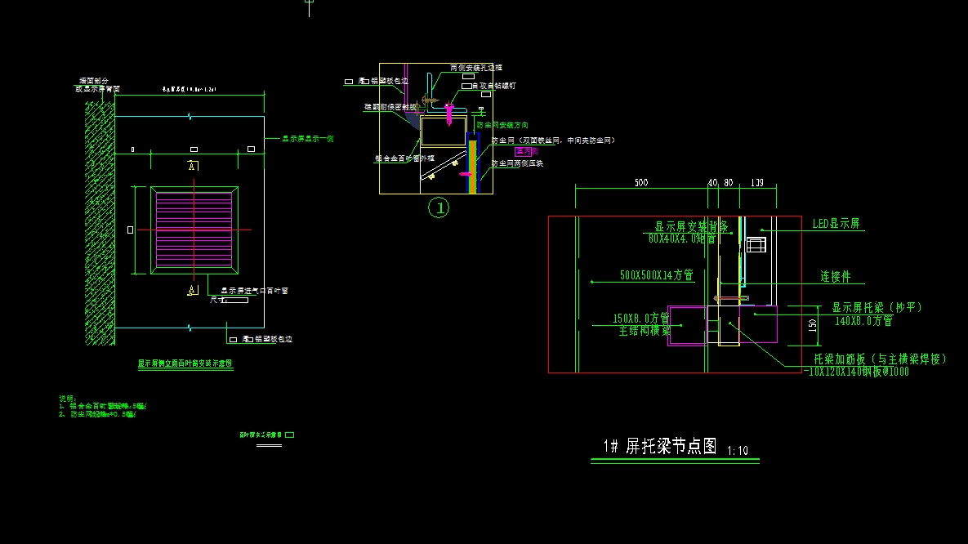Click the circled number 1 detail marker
tap(439, 208)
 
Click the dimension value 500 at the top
tap(641, 183)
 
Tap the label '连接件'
tap(836, 277)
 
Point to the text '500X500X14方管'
tap(656, 276)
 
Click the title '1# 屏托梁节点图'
tap(660, 446)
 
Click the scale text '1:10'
tap(737, 450)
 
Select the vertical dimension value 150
tap(812, 324)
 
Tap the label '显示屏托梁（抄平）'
tap(877, 308)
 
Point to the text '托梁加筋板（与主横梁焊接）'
tap(880, 359)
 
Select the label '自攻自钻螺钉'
tap(494, 85)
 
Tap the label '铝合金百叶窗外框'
tap(404, 158)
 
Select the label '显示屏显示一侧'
tap(308, 139)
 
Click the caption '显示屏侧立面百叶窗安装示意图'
tap(185, 363)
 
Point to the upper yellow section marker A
tap(193, 166)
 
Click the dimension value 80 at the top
tap(729, 183)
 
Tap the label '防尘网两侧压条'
tap(517, 163)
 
